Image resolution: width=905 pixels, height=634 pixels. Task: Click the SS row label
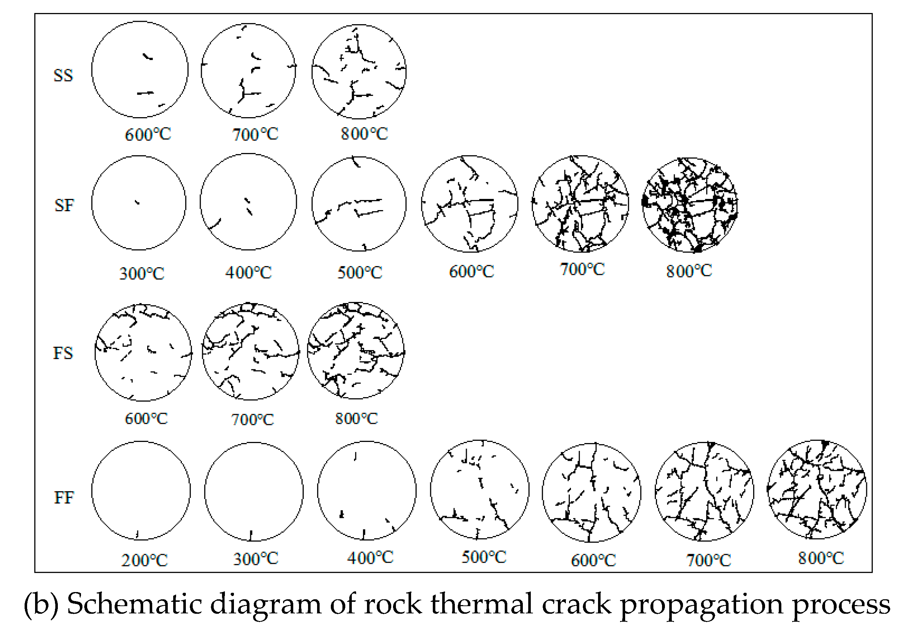click(x=63, y=75)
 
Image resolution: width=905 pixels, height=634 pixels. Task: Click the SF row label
click(x=64, y=205)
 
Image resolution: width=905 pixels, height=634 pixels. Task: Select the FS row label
click(x=63, y=353)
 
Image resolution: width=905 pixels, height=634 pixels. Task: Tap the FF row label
click(x=64, y=498)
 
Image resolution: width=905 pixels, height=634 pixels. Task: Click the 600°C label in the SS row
click(x=148, y=135)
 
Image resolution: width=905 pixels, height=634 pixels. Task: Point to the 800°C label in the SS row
click(x=364, y=134)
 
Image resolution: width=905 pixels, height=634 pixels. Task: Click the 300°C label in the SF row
click(x=141, y=273)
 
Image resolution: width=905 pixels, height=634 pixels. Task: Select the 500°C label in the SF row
click(x=359, y=272)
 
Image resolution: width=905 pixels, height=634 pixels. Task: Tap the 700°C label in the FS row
click(x=252, y=419)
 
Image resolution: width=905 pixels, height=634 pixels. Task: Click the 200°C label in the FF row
click(x=144, y=560)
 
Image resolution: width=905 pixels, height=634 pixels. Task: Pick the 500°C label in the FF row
click(x=484, y=557)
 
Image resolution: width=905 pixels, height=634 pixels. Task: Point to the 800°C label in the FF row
click(x=821, y=558)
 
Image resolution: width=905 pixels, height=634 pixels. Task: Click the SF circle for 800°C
click(x=690, y=205)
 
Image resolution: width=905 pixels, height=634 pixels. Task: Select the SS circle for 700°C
click(x=248, y=71)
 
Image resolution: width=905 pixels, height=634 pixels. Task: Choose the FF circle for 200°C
click(x=141, y=490)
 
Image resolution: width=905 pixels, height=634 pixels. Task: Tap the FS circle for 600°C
click(x=144, y=353)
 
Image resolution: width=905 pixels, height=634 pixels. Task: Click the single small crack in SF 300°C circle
click(x=137, y=202)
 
